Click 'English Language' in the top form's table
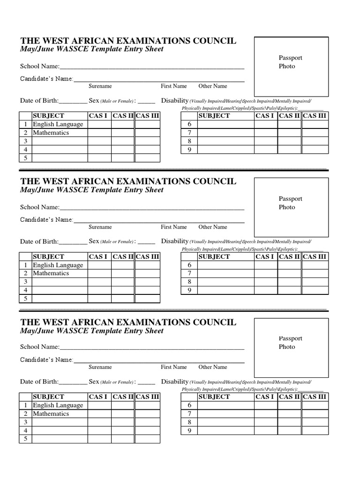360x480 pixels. (58, 124)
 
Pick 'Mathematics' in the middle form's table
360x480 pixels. (51, 273)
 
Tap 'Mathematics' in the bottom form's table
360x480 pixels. (51, 413)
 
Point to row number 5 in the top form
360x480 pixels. (26, 158)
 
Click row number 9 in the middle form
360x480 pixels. (189, 290)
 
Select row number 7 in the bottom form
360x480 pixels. (189, 413)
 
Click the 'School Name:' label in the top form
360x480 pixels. (39, 66)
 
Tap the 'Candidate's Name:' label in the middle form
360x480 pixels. (46, 219)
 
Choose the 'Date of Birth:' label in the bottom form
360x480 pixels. (39, 382)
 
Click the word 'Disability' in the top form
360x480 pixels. (174, 100)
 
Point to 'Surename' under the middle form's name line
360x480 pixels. (100, 227)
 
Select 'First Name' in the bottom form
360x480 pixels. (174, 367)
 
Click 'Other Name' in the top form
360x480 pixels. (212, 86)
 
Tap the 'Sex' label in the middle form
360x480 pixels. (94, 241)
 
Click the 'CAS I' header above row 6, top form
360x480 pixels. (265, 116)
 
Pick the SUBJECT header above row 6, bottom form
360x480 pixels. (214, 397)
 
